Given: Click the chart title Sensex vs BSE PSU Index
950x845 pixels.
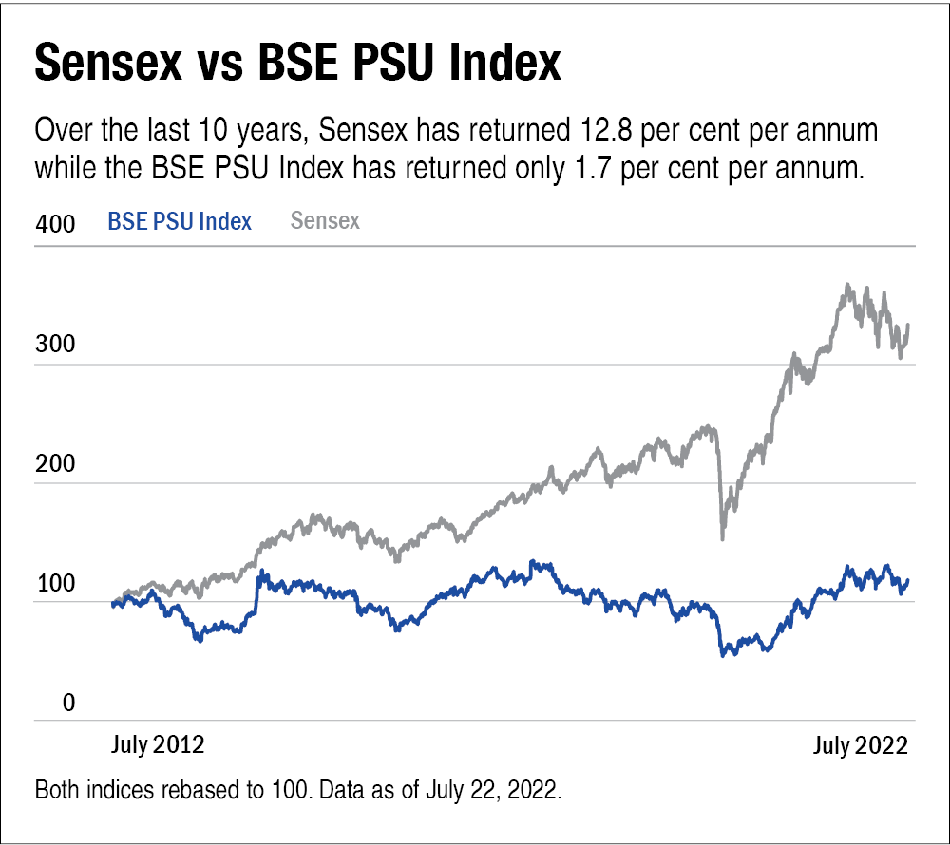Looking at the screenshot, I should click(x=297, y=64).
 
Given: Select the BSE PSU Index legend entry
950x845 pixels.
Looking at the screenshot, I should click(x=180, y=222).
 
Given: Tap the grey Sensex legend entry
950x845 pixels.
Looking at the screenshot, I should click(x=325, y=221).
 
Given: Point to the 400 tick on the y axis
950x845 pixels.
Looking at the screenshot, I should click(x=54, y=225).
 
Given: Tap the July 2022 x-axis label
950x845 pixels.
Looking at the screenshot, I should click(x=861, y=744).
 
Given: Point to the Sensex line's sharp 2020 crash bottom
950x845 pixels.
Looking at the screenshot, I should click(x=723, y=538).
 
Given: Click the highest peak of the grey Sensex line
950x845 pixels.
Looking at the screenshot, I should click(x=846, y=285).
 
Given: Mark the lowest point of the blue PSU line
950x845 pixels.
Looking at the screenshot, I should click(x=724, y=655).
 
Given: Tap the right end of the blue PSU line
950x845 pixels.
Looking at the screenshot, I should click(x=908, y=580).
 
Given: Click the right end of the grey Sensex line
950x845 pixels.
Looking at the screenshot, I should click(x=908, y=326).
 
